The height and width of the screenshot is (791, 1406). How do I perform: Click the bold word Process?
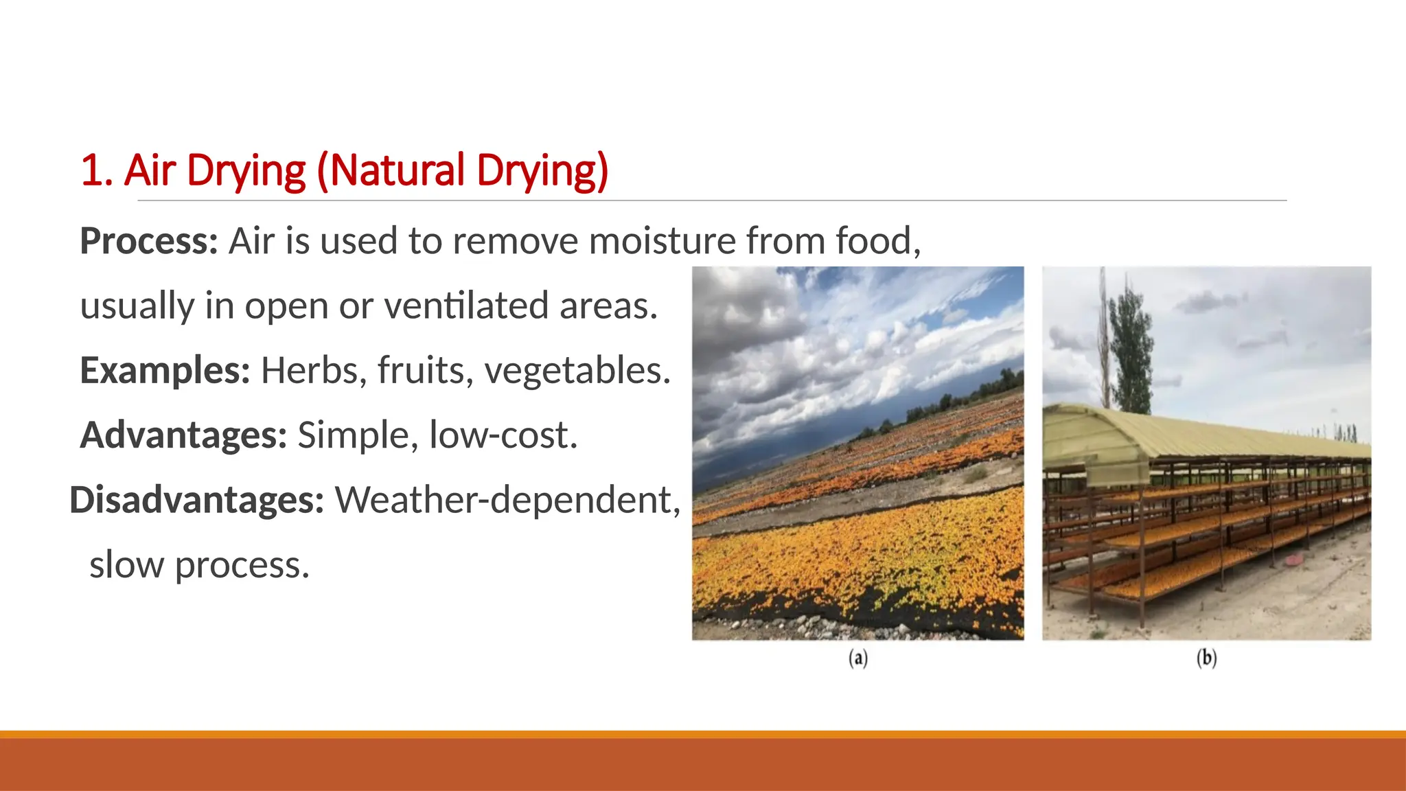pos(148,242)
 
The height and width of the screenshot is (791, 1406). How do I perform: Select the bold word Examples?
pos(165,371)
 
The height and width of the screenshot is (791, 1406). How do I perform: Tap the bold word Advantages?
pos(183,435)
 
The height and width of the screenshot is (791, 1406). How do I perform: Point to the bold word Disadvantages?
pos(196,500)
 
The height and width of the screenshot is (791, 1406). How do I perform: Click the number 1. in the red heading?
pos(96,170)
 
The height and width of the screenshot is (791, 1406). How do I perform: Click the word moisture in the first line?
pos(662,242)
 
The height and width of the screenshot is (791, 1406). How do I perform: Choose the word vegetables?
pos(577,371)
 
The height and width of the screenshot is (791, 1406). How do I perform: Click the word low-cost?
pos(503,435)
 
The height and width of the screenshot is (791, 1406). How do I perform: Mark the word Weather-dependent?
pos(507,500)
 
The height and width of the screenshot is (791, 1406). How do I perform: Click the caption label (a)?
pos(858,658)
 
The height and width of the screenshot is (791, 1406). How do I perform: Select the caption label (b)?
pos(1206,658)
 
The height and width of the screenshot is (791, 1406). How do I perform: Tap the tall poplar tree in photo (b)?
pos(1128,343)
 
